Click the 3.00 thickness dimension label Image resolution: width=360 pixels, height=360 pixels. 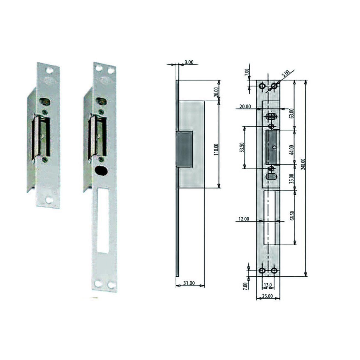pyautogui.click(x=189, y=62)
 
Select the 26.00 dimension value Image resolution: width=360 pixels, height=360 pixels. pyautogui.click(x=216, y=92)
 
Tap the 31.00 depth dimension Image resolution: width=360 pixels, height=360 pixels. pyautogui.click(x=189, y=283)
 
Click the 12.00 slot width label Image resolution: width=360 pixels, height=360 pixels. pyautogui.click(x=243, y=219)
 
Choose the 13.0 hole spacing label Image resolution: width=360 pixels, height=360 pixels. pyautogui.click(x=268, y=285)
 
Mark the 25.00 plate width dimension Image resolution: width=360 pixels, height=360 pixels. pyautogui.click(x=268, y=296)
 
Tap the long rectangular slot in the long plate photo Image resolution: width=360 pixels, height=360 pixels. pyautogui.click(x=103, y=220)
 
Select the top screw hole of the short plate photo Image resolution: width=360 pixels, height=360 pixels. pyautogui.click(x=49, y=70)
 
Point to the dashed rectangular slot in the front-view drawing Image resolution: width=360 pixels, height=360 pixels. pyautogui.click(x=269, y=217)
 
